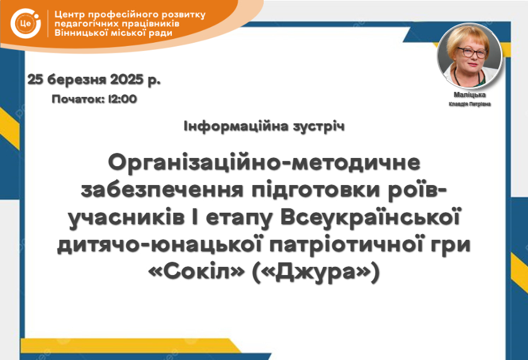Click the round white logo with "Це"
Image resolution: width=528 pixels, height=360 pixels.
pos(26,23)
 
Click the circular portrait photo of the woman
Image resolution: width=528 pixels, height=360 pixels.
pos(469,56)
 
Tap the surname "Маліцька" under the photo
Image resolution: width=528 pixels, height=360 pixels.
pos(469,94)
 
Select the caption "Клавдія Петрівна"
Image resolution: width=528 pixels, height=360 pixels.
pos(469,104)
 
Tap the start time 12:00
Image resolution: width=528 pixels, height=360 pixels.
pos(122,99)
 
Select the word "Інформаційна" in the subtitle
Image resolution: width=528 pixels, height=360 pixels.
pos(236,127)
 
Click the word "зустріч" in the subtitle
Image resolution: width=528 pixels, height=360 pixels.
pos(319,127)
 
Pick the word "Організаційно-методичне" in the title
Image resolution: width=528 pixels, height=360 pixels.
pos(264,162)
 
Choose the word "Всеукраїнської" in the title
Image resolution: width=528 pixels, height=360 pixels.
pos(370,217)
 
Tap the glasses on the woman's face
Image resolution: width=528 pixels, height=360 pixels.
pos(472,52)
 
